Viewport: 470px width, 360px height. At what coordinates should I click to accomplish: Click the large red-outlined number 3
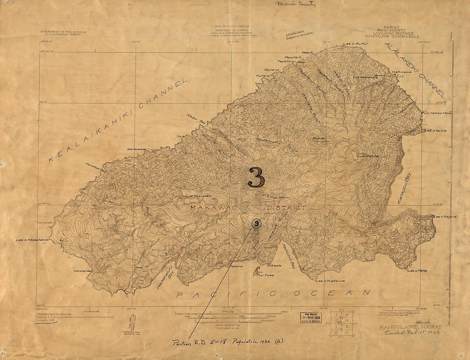coord(256,177)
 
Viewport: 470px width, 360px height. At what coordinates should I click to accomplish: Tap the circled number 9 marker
coord(256,223)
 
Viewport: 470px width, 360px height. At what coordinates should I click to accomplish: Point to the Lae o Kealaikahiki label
coord(32,240)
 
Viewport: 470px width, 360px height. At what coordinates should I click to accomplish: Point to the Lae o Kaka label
coord(417,271)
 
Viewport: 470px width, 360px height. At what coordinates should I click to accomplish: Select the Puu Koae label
coord(263,275)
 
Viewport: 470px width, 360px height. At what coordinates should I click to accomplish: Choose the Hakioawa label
coord(402,72)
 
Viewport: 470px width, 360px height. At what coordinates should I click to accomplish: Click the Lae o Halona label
coord(445,217)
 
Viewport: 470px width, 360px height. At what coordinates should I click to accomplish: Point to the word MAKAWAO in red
coord(210,208)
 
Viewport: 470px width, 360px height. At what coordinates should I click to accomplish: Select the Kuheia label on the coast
coord(263,76)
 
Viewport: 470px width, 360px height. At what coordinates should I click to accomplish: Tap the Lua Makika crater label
coord(368,156)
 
